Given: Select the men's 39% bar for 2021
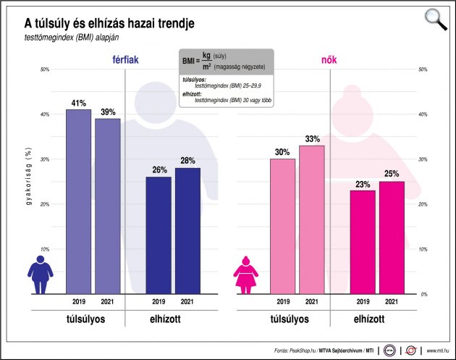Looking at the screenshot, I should click(x=108, y=206).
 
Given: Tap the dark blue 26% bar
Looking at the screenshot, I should click(x=159, y=235).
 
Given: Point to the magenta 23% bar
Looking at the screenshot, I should click(x=363, y=242).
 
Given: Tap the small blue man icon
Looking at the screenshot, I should click(x=40, y=276).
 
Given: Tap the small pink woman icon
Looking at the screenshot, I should click(x=245, y=276).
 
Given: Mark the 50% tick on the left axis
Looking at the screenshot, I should click(x=44, y=70).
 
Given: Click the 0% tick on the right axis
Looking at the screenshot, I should click(x=423, y=294).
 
